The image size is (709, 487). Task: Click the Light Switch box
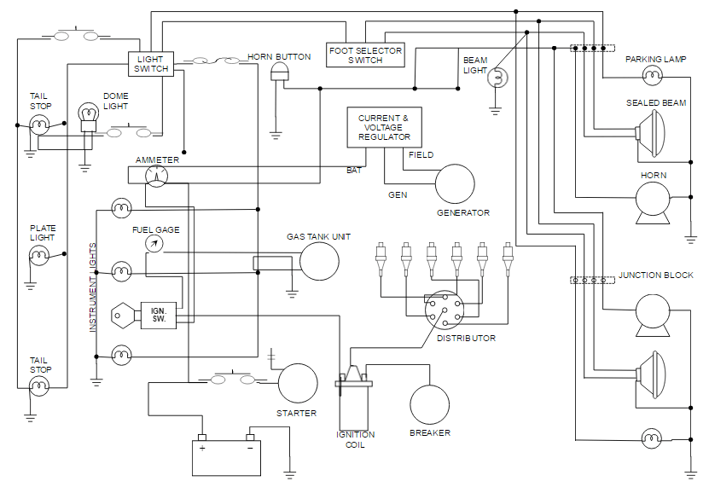(x=152, y=64)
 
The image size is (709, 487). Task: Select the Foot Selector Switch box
(x=365, y=55)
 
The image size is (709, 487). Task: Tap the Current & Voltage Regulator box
(x=384, y=127)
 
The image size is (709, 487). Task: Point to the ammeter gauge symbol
(x=157, y=176)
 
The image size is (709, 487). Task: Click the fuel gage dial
(x=154, y=244)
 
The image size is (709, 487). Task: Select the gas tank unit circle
(x=318, y=261)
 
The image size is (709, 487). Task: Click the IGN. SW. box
(x=158, y=315)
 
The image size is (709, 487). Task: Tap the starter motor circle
(x=298, y=383)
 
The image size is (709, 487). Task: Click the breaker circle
(x=429, y=404)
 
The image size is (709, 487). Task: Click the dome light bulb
(x=88, y=115)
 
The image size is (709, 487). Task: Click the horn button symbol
(x=278, y=72)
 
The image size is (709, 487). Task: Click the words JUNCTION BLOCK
(x=656, y=275)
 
